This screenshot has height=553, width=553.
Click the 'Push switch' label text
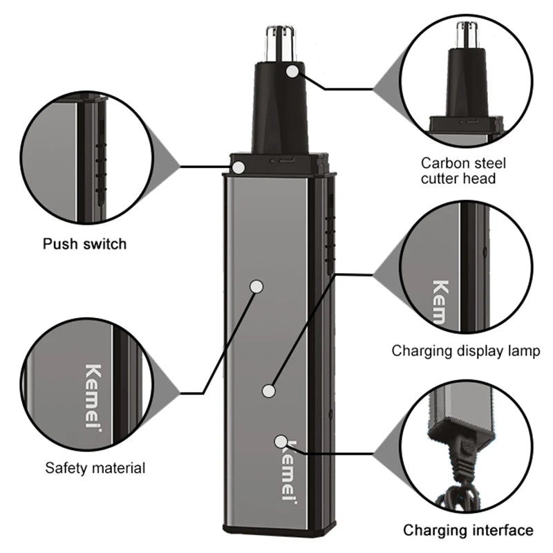click(85, 243)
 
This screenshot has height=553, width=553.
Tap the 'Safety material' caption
click(95, 468)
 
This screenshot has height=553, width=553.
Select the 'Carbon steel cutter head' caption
click(463, 171)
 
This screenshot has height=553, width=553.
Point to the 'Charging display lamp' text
click(466, 350)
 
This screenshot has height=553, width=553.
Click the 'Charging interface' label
click(468, 530)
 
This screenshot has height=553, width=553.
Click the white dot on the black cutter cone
click(294, 70)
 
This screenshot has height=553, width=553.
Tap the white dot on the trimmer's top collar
click(238, 167)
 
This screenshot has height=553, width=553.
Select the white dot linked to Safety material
click(256, 285)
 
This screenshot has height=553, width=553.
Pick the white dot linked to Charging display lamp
click(269, 391)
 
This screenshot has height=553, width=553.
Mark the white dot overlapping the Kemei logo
click(281, 441)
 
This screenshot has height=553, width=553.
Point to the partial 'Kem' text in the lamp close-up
click(440, 301)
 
